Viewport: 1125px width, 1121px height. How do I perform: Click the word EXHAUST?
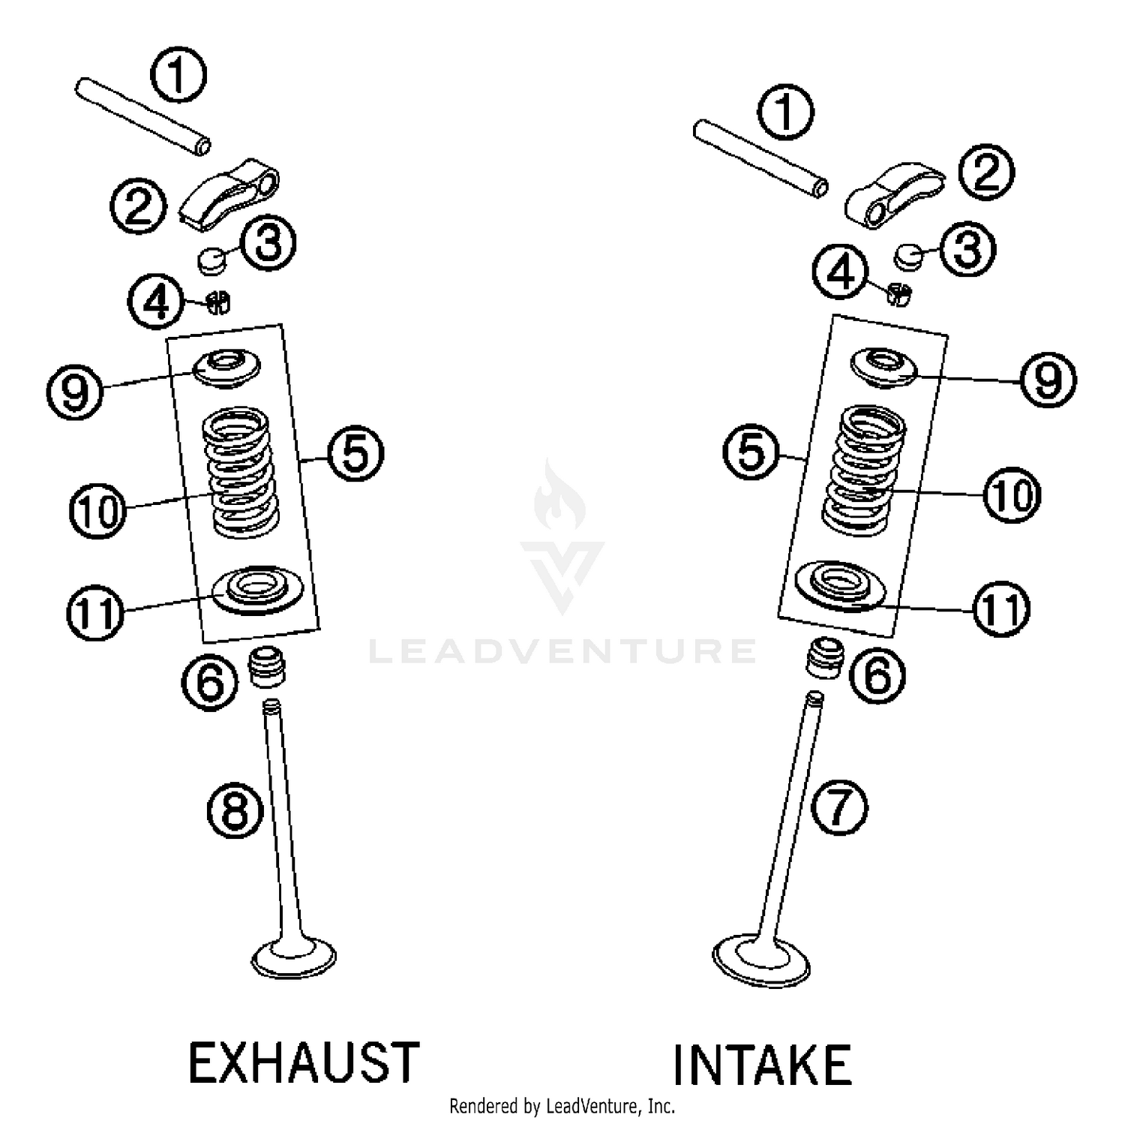coord(303,1062)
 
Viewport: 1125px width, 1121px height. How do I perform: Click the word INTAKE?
coord(761,1065)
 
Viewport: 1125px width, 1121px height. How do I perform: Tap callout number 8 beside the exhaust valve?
coord(235,810)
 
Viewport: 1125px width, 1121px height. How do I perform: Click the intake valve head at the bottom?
coord(761,958)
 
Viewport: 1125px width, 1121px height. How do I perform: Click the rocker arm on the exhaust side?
coord(230,191)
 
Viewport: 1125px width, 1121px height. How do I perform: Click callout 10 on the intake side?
coord(1012,494)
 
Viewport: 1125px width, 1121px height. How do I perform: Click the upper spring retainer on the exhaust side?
coord(226,368)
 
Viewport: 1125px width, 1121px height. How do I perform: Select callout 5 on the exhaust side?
coord(355,453)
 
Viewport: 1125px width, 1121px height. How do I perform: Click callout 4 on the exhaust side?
coord(156,302)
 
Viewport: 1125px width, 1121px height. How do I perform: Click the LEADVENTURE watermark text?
coord(562,651)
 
